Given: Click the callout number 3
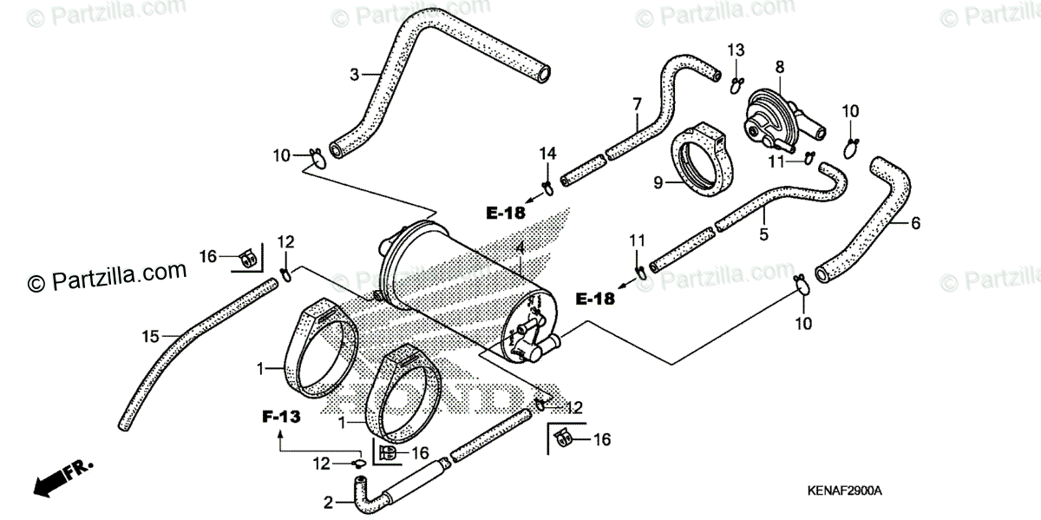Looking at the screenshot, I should (354, 75).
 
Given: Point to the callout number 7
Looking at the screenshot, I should (637, 104).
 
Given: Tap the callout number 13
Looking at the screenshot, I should (736, 49).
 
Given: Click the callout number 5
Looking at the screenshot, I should (764, 233).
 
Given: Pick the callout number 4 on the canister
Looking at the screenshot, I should (519, 248).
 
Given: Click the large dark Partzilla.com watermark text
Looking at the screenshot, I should (108, 276).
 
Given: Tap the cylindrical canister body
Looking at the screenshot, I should (460, 286).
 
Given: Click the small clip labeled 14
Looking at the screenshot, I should (547, 186).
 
